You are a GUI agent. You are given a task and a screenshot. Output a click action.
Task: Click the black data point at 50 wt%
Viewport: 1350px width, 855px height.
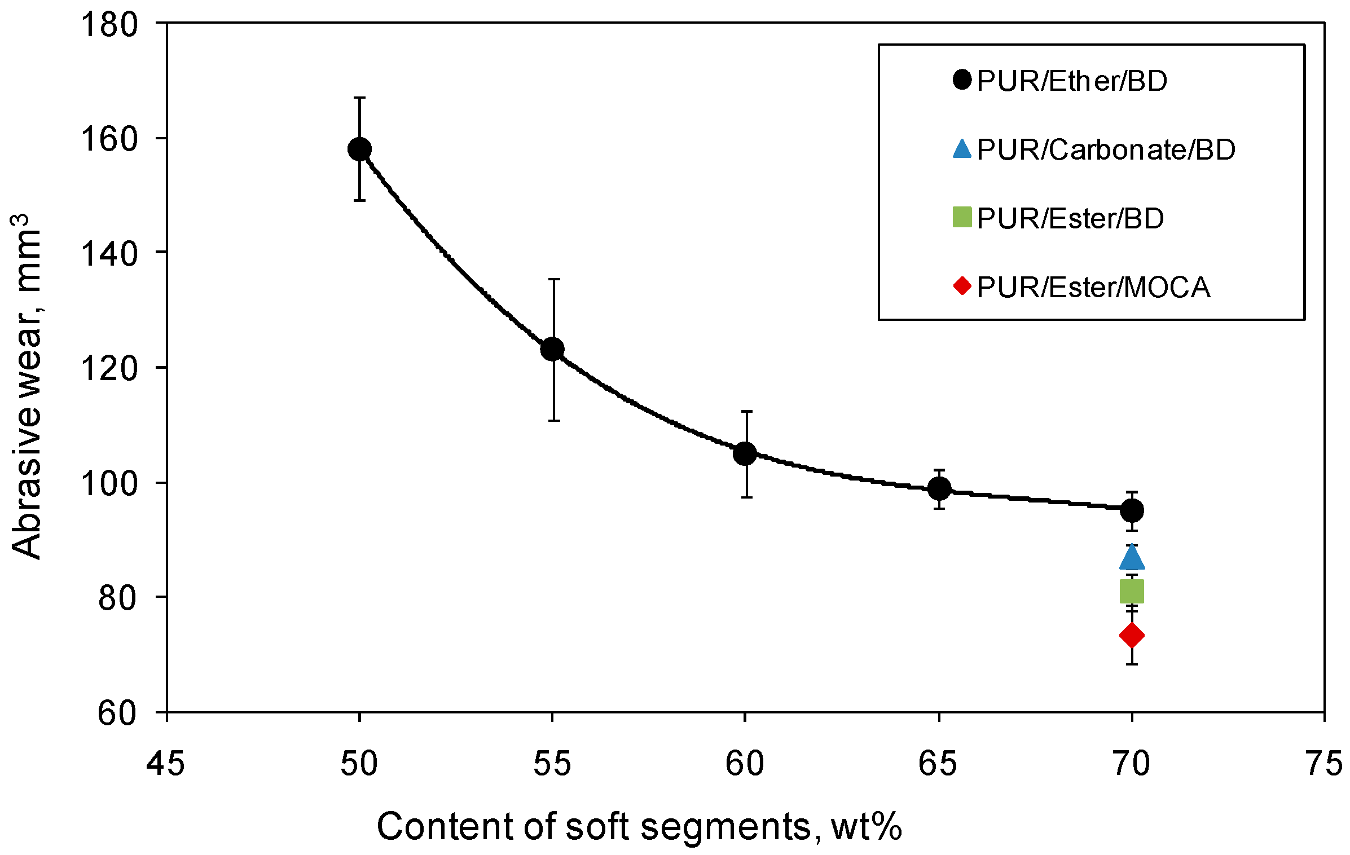(x=359, y=149)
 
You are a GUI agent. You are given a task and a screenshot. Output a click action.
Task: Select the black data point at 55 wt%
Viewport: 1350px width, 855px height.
(x=552, y=349)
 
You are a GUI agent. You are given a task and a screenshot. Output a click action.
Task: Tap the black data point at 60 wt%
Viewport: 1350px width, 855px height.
(x=745, y=453)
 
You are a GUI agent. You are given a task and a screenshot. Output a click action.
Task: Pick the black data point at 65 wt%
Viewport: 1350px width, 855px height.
(x=939, y=488)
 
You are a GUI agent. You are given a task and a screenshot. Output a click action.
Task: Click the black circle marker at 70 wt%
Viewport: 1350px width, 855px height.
(x=1132, y=510)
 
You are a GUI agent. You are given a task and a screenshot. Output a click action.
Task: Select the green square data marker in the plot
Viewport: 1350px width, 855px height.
(x=1132, y=592)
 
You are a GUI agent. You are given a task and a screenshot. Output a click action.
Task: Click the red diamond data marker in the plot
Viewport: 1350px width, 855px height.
(x=1132, y=636)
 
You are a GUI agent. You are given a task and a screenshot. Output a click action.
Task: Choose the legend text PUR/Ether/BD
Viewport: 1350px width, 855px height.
(x=1072, y=81)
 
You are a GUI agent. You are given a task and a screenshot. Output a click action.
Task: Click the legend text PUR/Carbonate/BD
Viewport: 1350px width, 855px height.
(x=1106, y=150)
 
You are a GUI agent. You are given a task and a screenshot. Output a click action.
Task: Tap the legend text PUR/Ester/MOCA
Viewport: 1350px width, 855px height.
(x=1093, y=288)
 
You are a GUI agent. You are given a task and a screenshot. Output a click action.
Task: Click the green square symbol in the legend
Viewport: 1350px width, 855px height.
(x=962, y=218)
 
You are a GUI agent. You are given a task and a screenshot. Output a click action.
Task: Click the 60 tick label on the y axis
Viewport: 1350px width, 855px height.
(x=117, y=713)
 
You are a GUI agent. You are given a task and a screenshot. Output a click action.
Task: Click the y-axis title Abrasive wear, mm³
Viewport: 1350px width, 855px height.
(x=27, y=386)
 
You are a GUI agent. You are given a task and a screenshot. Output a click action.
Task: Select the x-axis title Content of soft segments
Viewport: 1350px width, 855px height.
(x=639, y=827)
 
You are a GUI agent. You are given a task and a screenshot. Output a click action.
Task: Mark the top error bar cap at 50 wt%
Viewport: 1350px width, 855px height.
(x=359, y=98)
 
